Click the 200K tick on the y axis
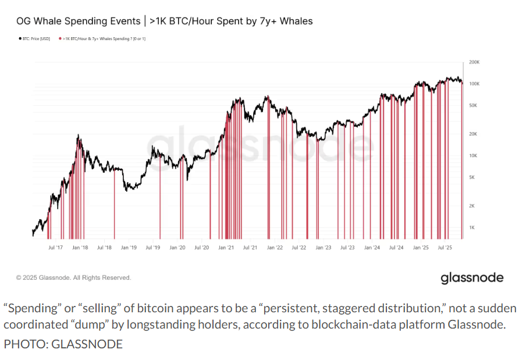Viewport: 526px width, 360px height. pyautogui.click(x=474, y=62)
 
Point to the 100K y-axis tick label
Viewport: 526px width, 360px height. pyautogui.click(x=474, y=84)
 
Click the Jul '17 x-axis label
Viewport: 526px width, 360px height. pyautogui.click(x=55, y=247)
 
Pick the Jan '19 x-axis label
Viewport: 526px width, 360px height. pyautogui.click(x=129, y=247)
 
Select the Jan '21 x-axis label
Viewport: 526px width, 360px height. pyautogui.click(x=226, y=247)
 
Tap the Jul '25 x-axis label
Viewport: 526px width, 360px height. pyautogui.click(x=445, y=247)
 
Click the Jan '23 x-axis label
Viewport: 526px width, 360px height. pyautogui.click(x=323, y=247)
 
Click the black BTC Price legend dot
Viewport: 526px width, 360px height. pyautogui.click(x=19, y=38)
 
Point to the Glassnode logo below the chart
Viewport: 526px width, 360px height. pyautogui.click(x=471, y=277)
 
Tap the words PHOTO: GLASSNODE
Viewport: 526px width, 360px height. pyautogui.click(x=63, y=344)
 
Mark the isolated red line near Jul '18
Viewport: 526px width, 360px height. pyautogui.click(x=114, y=204)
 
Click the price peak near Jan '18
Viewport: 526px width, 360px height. pyautogui.click(x=78, y=135)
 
